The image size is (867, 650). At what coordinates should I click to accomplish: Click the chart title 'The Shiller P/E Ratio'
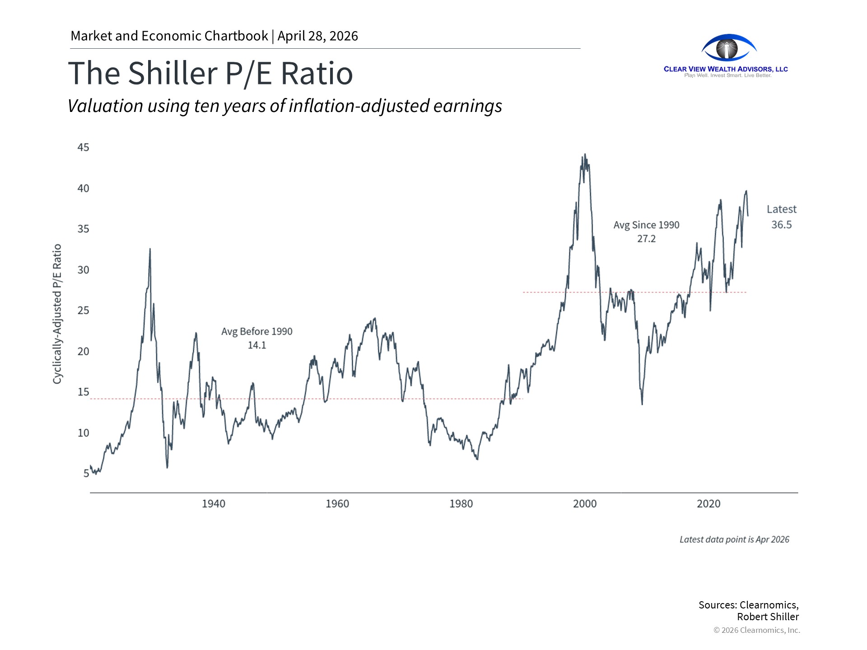pos(210,73)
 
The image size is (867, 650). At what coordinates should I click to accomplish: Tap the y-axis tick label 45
pos(83,148)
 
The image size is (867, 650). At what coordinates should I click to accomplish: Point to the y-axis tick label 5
pos(86,474)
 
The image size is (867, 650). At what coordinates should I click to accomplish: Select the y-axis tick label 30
pos(83,270)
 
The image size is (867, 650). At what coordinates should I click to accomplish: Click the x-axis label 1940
pos(213,504)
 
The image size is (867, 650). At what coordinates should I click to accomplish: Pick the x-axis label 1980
pos(461,504)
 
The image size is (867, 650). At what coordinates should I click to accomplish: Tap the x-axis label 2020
pos(709,504)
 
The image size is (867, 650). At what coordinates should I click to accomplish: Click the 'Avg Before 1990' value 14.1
pos(256,345)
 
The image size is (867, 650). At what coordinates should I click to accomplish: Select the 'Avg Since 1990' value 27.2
pos(646,239)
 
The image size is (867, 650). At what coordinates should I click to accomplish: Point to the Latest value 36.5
pos(781,225)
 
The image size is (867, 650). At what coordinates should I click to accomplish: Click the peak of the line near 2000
pos(585,154)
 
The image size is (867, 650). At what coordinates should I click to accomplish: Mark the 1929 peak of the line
pos(150,249)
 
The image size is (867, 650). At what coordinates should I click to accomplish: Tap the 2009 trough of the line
pos(642,404)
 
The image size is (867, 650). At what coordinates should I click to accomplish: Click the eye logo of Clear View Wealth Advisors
pos(727,48)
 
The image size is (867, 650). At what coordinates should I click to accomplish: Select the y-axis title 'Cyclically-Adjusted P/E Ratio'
pos(57,314)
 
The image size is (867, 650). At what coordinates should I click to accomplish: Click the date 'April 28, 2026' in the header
pos(317,36)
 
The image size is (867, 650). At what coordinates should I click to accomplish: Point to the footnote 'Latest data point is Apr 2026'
pos(734,539)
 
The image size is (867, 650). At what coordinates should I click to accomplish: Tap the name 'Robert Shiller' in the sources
pos(768,617)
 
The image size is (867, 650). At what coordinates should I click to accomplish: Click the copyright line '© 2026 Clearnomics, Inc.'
pos(757,630)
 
